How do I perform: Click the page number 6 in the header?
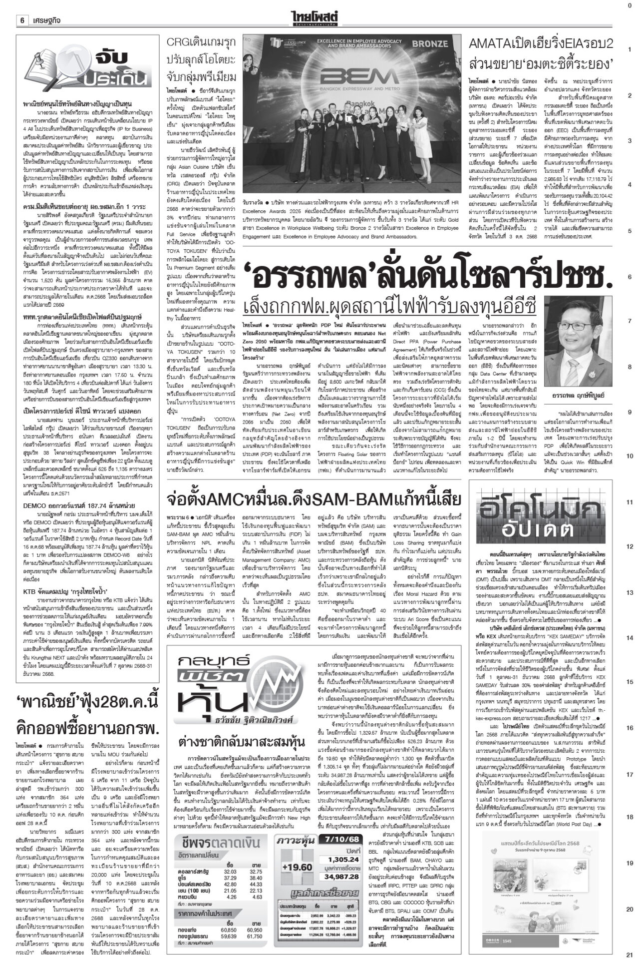[22, 7]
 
